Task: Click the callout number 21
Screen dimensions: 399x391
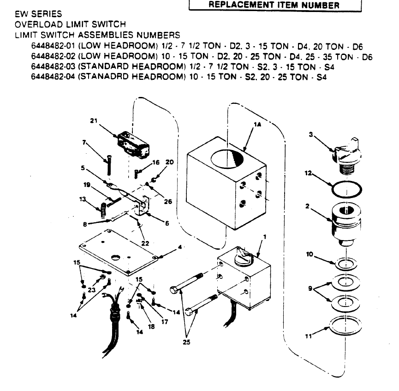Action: [x=94, y=121]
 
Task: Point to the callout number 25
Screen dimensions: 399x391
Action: [x=186, y=342]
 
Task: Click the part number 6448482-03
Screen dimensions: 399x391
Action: [x=52, y=67]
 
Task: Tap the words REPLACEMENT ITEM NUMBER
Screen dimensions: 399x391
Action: [x=275, y=6]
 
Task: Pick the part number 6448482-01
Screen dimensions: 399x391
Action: [x=52, y=46]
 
